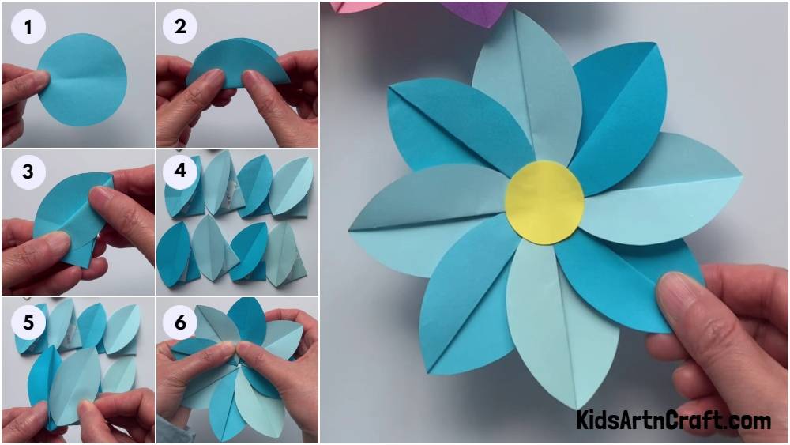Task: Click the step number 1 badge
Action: (28, 27)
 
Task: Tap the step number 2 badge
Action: (180, 26)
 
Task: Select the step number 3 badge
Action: (28, 172)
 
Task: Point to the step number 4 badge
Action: (180, 171)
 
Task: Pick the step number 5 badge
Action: (28, 322)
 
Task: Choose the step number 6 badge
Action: (180, 322)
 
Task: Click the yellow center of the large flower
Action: (544, 203)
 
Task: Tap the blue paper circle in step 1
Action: (82, 80)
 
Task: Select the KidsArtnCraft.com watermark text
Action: (673, 420)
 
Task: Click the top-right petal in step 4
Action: (292, 186)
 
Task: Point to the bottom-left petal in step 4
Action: (175, 255)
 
